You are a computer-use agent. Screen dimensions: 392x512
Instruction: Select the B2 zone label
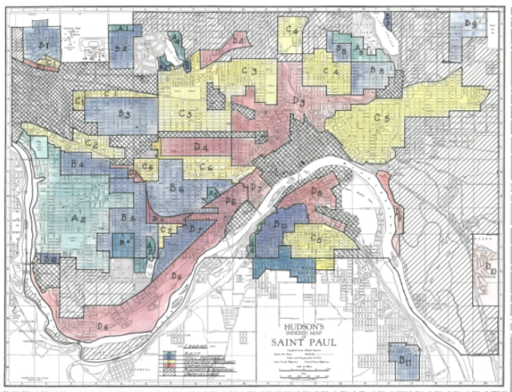[x=121, y=49]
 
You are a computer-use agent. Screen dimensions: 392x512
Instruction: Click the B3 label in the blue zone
[x=125, y=115]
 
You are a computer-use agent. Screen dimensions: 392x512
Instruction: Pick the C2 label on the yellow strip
[x=93, y=143]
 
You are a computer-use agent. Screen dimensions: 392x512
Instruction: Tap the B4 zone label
[x=77, y=164]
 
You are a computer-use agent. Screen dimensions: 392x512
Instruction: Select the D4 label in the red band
[x=200, y=148]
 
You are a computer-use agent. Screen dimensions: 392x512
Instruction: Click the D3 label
[x=298, y=100]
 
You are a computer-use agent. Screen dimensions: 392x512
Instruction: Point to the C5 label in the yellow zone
[x=382, y=118]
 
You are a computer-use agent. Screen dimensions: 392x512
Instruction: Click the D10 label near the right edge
[x=490, y=267]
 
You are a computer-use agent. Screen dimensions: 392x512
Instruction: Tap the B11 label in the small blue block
[x=406, y=361]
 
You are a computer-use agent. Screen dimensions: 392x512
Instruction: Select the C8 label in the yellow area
[x=317, y=239]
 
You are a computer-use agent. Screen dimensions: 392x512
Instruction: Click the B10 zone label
[x=281, y=224]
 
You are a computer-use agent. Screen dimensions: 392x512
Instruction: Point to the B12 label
[x=50, y=259]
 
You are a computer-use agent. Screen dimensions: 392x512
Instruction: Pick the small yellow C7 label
[x=167, y=229]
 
